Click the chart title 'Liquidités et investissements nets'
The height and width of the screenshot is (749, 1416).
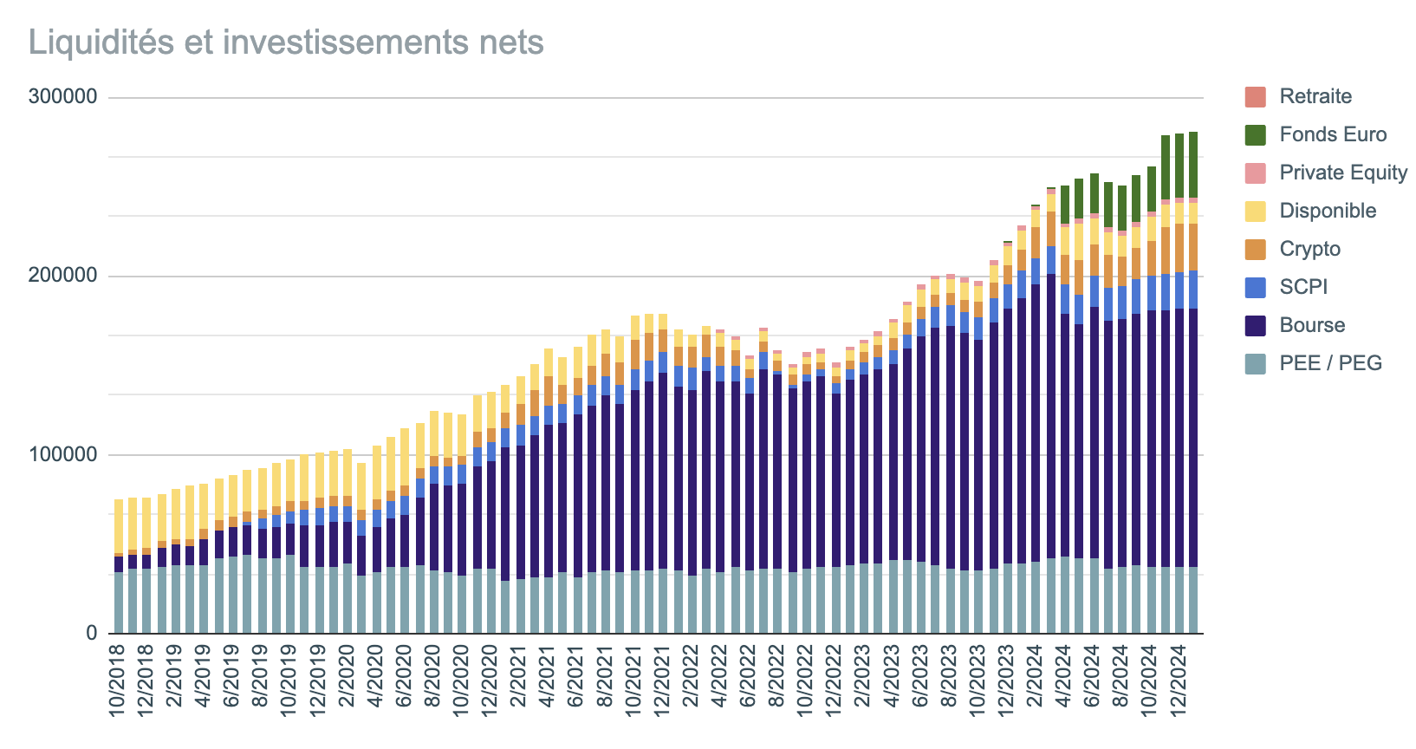[286, 42]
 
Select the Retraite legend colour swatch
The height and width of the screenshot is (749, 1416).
[1254, 96]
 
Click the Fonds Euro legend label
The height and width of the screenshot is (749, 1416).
[1333, 134]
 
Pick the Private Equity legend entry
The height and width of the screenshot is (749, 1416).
[1342, 173]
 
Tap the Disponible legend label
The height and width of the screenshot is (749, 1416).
[1328, 211]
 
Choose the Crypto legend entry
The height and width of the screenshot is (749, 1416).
[1309, 249]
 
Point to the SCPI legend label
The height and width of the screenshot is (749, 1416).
[1303, 287]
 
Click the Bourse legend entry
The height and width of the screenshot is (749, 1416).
[1312, 325]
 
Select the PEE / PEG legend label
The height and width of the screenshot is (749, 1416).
[1330, 363]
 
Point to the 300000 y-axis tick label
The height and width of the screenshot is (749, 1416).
[62, 98]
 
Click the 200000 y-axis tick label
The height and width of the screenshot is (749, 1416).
[62, 277]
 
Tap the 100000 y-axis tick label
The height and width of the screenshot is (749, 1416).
[62, 455]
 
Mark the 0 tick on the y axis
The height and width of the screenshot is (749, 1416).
[91, 634]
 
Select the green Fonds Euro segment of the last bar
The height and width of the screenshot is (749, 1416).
[1192, 165]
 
